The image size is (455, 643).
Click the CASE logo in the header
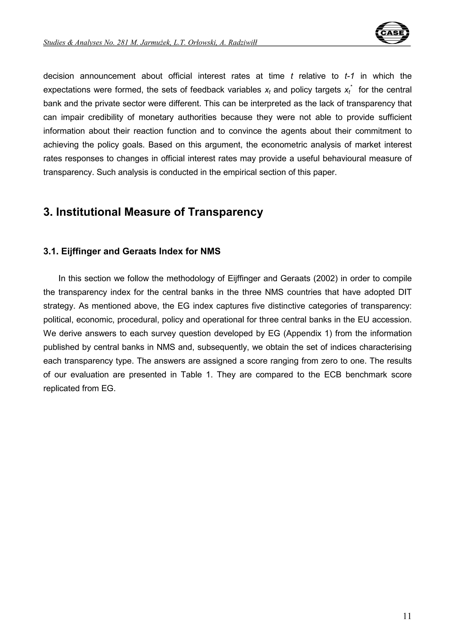392,33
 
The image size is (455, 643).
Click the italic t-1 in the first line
349,76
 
